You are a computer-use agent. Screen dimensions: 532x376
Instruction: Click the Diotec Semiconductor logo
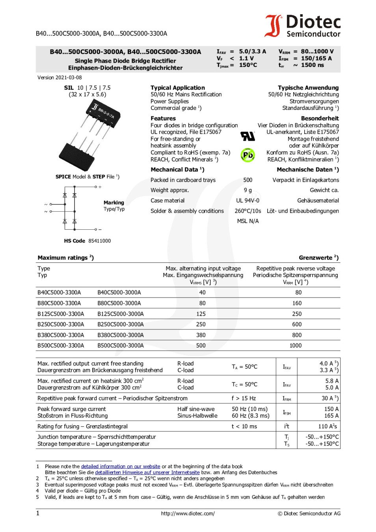pyautogui.click(x=302, y=26)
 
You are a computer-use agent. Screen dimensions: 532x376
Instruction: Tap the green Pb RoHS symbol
pyautogui.click(x=248, y=155)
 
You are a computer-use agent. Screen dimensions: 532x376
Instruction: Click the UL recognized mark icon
pyautogui.click(x=248, y=136)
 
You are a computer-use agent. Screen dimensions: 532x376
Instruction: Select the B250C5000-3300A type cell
pyautogui.click(x=61, y=324)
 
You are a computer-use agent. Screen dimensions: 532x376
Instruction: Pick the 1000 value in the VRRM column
pyautogui.click(x=296, y=346)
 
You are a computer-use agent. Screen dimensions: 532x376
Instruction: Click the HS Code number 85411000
pyautogui.click(x=99, y=241)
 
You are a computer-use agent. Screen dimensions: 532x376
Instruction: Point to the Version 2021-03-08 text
pyautogui.click(x=60, y=78)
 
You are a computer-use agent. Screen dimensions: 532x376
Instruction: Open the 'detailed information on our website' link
pyautogui.click(x=120, y=466)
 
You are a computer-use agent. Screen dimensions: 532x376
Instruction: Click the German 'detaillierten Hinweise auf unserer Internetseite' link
pyautogui.click(x=147, y=472)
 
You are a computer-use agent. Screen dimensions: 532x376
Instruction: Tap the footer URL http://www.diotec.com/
pyautogui.click(x=188, y=513)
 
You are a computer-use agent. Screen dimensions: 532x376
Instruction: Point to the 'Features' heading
pyautogui.click(x=163, y=118)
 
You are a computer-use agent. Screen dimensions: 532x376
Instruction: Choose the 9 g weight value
pyautogui.click(x=248, y=190)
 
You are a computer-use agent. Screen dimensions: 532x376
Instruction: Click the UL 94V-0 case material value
pyautogui.click(x=248, y=201)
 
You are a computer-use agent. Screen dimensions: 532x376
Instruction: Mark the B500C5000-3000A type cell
pyautogui.click(x=121, y=346)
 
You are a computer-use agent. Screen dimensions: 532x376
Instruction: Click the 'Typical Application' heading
pyautogui.click(x=178, y=87)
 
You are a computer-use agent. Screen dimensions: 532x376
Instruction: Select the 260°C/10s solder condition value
pyautogui.click(x=248, y=211)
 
